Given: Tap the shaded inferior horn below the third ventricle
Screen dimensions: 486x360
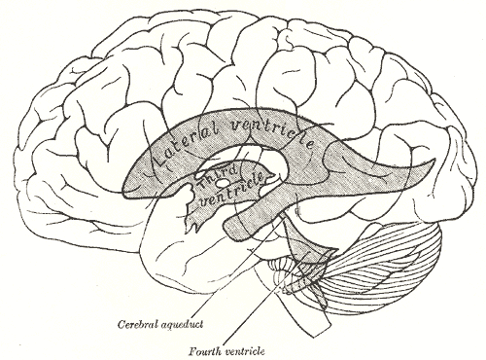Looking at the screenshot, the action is point(248,227).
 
